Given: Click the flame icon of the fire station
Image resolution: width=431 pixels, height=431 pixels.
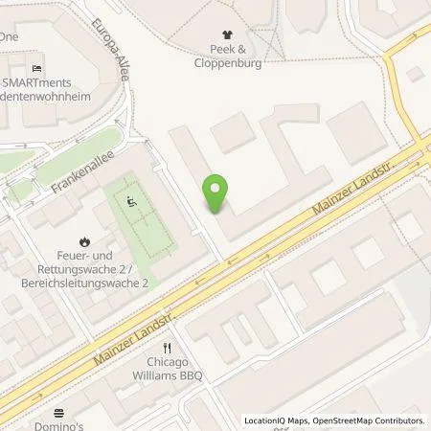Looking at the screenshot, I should [85, 240].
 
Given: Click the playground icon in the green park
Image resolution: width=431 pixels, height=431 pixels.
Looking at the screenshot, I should [132, 200].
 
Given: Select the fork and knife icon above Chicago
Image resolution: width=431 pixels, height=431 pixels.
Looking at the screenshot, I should [167, 348].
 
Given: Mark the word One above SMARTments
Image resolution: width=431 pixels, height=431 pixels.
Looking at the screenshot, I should [10, 35].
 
